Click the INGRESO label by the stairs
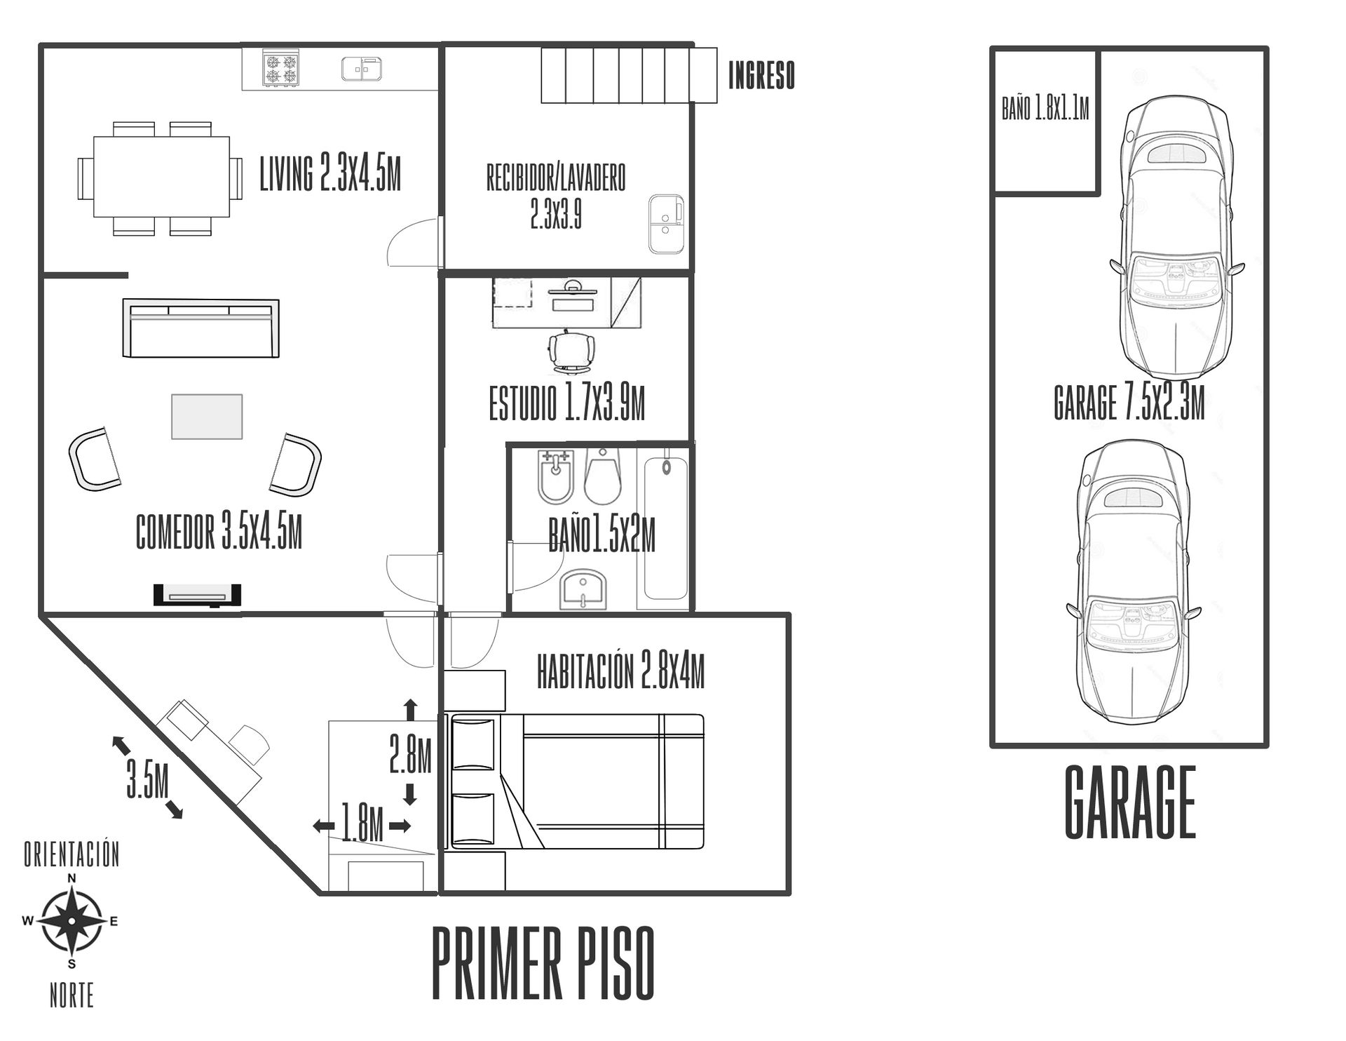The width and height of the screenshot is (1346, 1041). tap(761, 76)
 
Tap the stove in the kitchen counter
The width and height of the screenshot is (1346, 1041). tap(280, 67)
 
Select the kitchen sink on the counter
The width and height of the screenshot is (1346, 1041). tap(362, 69)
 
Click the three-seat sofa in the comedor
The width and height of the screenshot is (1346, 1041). tap(200, 328)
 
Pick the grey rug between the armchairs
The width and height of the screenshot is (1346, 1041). tap(207, 417)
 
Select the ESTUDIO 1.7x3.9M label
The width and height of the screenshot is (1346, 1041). tap(566, 404)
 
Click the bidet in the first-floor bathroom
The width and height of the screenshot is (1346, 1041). tap(556, 478)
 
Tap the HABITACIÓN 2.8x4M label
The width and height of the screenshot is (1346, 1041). tap(620, 671)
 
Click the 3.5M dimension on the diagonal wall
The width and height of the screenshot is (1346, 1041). tap(147, 777)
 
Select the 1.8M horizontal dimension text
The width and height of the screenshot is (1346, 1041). tap(362, 824)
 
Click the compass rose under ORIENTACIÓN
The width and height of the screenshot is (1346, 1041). tap(72, 921)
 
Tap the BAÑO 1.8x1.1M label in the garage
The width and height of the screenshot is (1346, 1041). tap(1045, 109)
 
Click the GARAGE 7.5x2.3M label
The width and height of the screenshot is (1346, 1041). tap(1129, 403)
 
